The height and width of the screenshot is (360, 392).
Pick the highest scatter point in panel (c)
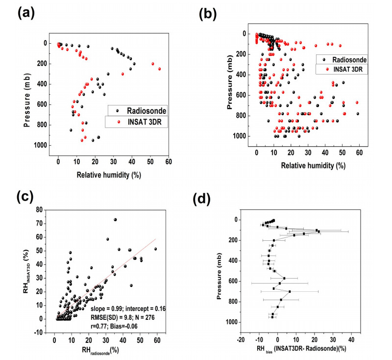click(x=115, y=220)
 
